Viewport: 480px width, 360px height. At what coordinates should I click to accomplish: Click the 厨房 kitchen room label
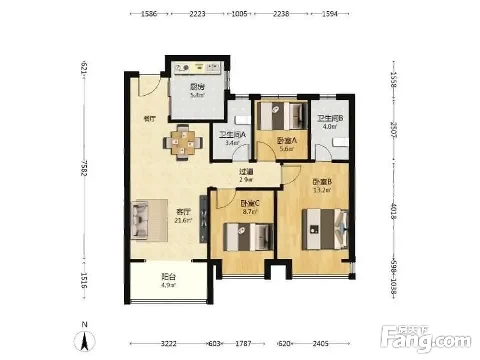tap(197, 87)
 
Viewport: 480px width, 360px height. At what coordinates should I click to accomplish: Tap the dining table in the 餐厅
tap(183, 142)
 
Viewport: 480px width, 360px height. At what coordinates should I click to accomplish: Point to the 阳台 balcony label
tap(168, 277)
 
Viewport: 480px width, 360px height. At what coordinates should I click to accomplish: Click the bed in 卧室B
tap(325, 229)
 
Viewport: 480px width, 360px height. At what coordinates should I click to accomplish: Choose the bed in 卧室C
tap(249, 237)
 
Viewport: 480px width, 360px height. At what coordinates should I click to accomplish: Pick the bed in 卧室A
tap(282, 116)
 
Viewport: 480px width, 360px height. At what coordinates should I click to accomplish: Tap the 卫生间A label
tap(233, 134)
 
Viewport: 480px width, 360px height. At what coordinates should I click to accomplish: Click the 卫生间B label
tap(330, 118)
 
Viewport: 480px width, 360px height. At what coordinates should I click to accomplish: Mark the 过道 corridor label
tap(246, 172)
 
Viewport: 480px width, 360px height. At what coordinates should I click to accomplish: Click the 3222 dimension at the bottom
tap(169, 344)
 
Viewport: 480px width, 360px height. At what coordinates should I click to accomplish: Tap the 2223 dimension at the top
tap(197, 14)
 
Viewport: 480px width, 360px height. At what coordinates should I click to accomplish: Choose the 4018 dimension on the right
tap(393, 211)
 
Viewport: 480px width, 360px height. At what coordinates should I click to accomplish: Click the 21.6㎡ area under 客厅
tap(183, 220)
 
